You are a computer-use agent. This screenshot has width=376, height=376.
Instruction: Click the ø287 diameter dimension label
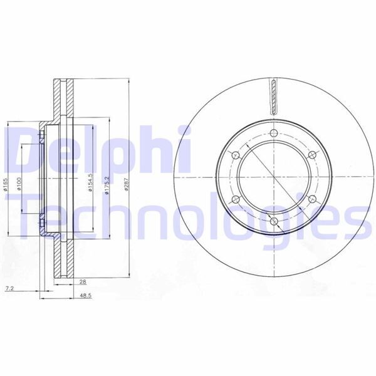point(127,184)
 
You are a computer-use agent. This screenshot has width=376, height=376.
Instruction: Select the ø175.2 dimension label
point(107,184)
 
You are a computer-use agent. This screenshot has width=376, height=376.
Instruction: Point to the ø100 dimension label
point(19,184)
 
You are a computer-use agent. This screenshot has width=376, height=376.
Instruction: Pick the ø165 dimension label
point(6,184)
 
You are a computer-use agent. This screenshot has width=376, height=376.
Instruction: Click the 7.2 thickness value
point(9,289)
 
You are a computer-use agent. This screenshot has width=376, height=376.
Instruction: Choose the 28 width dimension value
point(83,282)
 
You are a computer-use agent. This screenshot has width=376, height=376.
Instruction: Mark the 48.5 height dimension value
point(86,296)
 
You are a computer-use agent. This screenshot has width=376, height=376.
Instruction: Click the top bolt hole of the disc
point(274,133)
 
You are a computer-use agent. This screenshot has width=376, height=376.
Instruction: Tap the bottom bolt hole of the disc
point(274,221)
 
